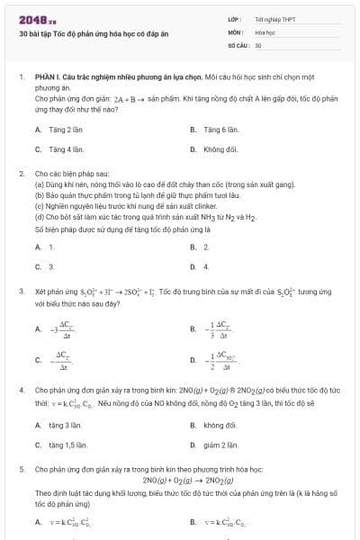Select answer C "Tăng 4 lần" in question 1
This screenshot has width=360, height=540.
coord(66,149)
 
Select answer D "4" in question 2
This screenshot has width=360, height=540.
coord(206,266)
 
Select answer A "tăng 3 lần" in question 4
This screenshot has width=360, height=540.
coord(66,425)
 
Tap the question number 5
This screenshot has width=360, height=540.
coord(21,469)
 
